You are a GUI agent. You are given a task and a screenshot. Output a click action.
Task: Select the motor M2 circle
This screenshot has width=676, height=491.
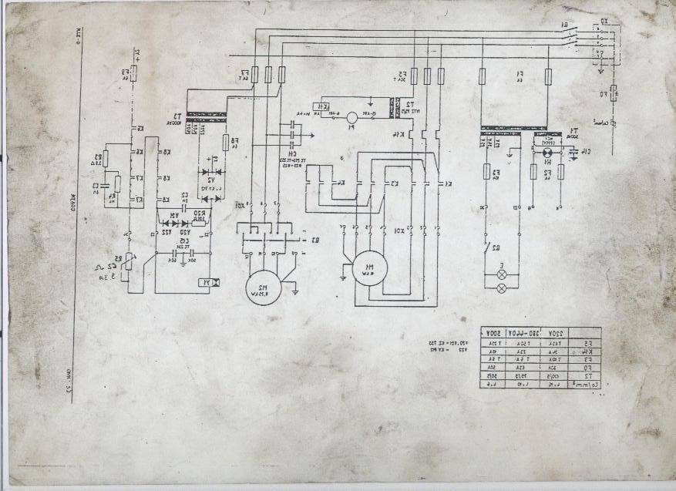(x=262, y=290)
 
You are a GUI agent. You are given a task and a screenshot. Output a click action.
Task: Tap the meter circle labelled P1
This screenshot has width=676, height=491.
(x=351, y=118)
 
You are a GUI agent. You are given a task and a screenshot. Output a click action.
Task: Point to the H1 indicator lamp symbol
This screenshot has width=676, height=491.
(x=546, y=163)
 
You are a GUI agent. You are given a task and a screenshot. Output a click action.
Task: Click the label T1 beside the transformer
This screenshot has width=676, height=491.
(x=573, y=130)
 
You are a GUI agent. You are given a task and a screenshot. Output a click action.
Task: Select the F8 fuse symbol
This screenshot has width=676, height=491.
(x=226, y=143)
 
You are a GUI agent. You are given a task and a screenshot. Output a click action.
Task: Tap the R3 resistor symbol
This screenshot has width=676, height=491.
(x=106, y=159)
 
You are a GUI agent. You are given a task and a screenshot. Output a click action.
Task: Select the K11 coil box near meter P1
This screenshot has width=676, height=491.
(x=325, y=107)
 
